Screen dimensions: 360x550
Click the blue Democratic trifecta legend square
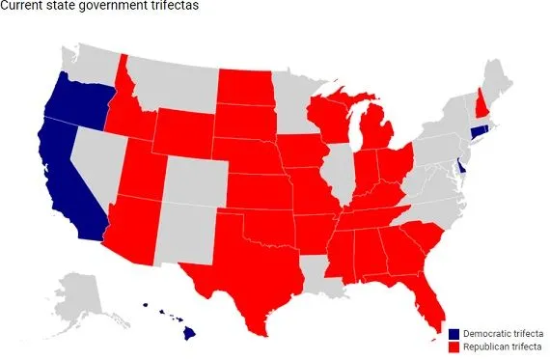pyautogui.click(x=453, y=332)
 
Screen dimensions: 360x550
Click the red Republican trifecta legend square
pyautogui.click(x=453, y=346)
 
